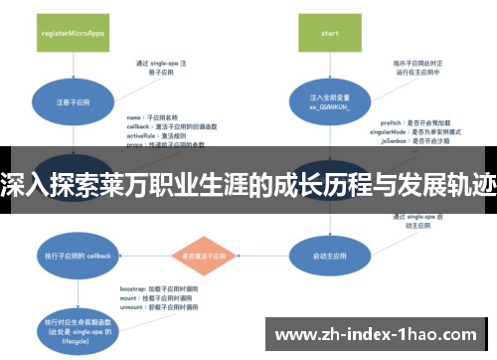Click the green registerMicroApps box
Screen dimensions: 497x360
(x=71, y=32)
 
